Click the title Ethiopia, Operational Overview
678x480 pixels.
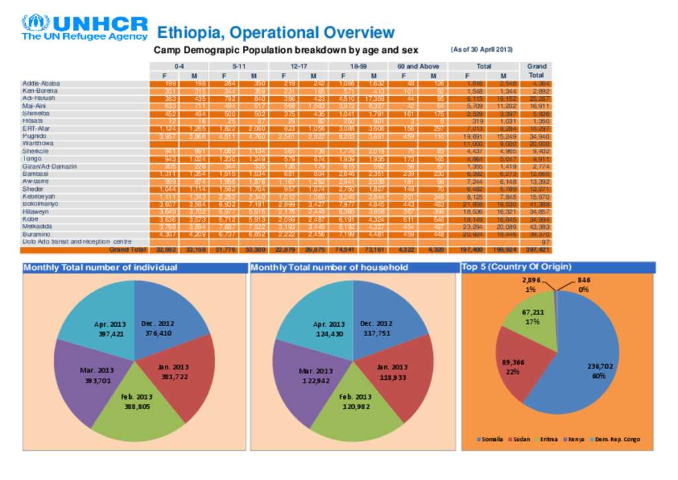click(275, 32)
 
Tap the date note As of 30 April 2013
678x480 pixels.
click(481, 50)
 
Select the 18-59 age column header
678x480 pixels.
click(358, 66)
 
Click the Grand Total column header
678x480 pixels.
click(536, 71)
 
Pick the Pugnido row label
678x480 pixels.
click(34, 135)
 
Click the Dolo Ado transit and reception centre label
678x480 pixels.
click(77, 242)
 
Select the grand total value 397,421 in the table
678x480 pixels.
click(536, 250)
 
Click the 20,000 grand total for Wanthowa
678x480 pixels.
click(537, 143)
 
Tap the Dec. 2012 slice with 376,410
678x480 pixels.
click(169, 318)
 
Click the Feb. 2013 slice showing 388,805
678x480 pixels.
click(137, 404)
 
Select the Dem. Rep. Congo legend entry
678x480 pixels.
click(614, 440)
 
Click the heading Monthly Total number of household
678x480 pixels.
click(330, 268)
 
